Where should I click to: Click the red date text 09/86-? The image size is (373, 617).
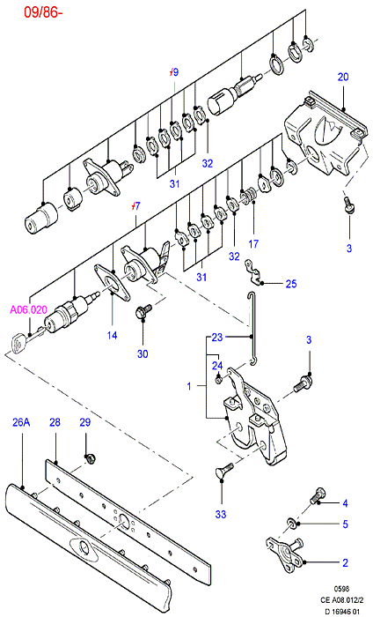coord(43,12)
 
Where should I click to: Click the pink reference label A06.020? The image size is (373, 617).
coord(28,309)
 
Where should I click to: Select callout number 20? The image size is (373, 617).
coord(343,77)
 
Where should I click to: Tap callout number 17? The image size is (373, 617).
coord(253,244)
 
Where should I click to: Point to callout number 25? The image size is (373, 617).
coord(291,284)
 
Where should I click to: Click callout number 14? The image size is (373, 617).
coord(112,335)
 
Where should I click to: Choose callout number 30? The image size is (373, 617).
coord(143,353)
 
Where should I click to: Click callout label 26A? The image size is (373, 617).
coord(21,422)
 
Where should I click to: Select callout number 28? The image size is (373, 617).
coord(55,422)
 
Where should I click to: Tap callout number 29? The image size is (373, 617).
coord(84,422)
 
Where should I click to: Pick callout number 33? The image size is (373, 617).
coord(221,514)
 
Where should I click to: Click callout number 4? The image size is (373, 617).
coord(345,503)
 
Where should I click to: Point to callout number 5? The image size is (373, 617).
coord(345,524)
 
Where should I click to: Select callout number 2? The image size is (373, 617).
coord(345,562)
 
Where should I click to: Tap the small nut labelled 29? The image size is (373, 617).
coord(91,458)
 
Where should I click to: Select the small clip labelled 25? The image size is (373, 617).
coord(253,271)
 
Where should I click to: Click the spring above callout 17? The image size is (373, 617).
coord(249,195)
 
